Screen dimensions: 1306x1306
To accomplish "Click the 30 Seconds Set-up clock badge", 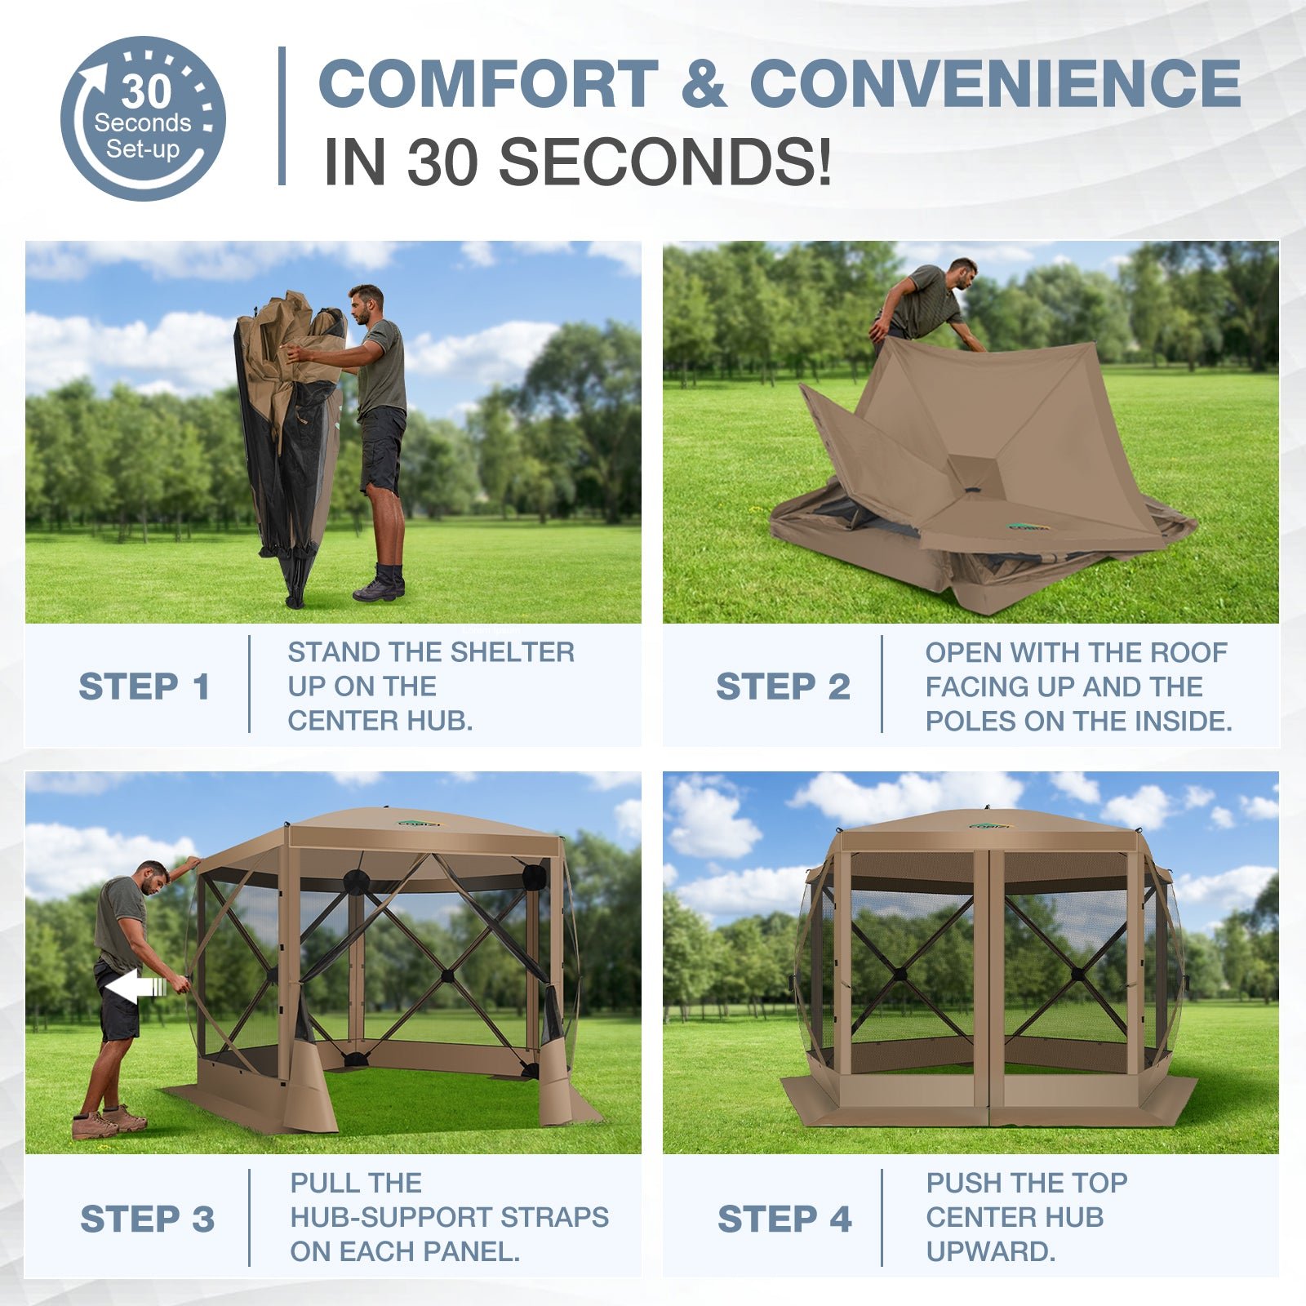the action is (x=143, y=118).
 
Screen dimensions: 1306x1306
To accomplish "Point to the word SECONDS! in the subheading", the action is (x=665, y=161).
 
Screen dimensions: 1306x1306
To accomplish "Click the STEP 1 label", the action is (x=144, y=686).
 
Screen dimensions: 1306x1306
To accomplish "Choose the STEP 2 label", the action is (x=783, y=686).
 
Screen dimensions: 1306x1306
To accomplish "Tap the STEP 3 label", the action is (x=147, y=1219).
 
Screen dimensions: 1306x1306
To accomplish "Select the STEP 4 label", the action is (x=784, y=1219).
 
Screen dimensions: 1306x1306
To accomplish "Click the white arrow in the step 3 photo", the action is (x=135, y=988).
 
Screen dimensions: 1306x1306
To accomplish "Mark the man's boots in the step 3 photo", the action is (x=109, y=1121).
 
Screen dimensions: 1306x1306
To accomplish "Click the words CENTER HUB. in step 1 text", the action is (x=380, y=721).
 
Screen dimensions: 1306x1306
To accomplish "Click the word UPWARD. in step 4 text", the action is (x=991, y=1251).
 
